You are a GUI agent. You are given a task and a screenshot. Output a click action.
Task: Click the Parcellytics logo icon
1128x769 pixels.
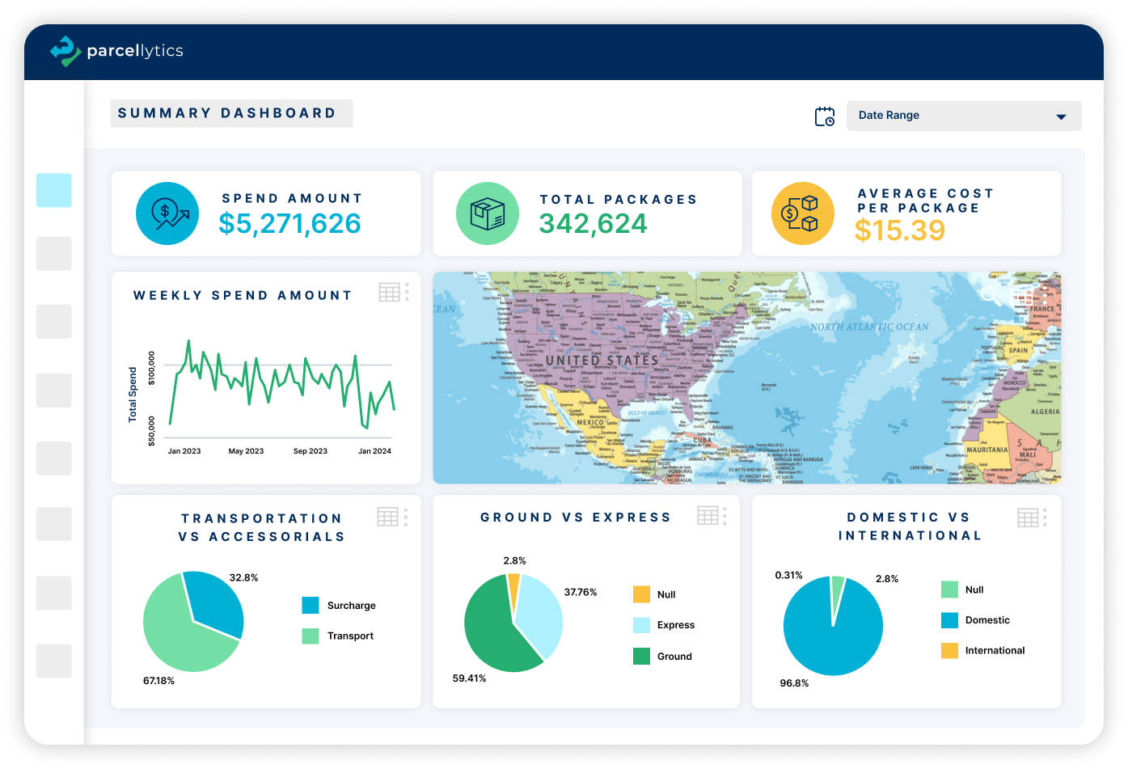tap(65, 51)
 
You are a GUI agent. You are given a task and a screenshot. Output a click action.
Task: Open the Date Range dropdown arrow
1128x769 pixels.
tap(1061, 116)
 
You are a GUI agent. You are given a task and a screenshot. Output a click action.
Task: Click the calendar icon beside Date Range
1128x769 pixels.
tap(824, 116)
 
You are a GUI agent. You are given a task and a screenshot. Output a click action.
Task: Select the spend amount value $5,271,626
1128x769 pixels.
tap(289, 223)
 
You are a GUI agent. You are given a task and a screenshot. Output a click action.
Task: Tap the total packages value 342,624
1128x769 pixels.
tap(593, 223)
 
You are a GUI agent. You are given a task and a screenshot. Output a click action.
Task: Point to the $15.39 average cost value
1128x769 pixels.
tap(899, 230)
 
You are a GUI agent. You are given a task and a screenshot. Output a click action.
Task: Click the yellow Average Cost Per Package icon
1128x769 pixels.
tap(801, 213)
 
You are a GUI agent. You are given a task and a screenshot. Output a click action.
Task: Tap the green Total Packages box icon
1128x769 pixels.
tap(487, 213)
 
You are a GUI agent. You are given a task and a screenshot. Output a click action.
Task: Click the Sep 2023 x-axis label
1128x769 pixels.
tap(310, 451)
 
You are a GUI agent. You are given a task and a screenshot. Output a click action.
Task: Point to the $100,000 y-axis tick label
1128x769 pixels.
tap(151, 369)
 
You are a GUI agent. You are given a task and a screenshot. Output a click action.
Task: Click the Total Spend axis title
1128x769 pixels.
tap(133, 395)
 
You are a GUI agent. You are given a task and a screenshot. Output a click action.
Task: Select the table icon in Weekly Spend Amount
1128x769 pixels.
tap(390, 293)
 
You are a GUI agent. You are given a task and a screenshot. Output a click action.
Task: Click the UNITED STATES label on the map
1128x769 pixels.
tap(602, 360)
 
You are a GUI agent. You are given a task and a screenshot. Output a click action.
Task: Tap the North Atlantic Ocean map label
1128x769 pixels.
tap(869, 327)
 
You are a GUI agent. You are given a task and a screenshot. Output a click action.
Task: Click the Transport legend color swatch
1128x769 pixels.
tap(311, 636)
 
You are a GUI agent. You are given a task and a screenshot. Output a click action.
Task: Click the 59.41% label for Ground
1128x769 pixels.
tap(469, 678)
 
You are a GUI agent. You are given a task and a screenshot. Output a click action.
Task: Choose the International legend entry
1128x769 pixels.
tap(995, 650)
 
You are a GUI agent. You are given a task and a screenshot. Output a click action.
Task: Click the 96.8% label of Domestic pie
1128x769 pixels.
tap(794, 683)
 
